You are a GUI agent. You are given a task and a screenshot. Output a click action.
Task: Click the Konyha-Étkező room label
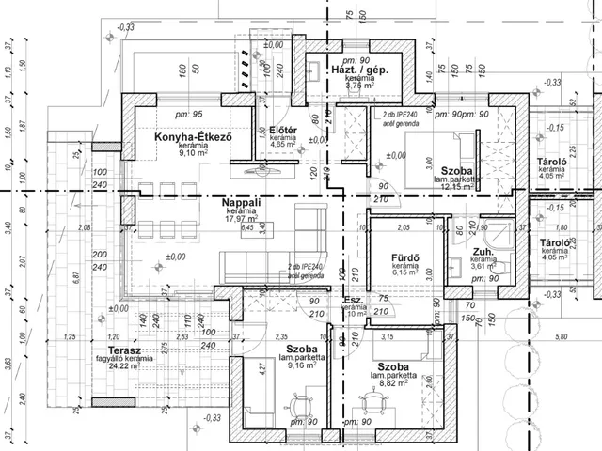(x=192, y=139)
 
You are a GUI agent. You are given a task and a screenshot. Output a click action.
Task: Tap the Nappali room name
(x=241, y=202)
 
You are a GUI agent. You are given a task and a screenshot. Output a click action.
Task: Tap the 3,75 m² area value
(x=360, y=86)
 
